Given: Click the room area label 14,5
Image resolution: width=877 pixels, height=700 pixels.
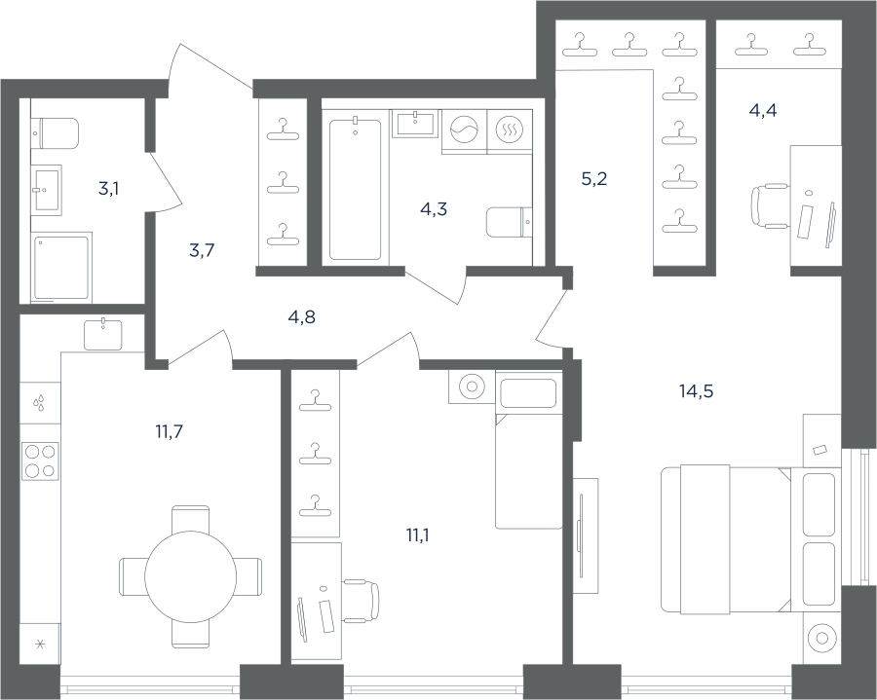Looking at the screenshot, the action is tap(697, 391).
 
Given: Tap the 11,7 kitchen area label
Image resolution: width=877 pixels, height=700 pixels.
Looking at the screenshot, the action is tap(169, 431).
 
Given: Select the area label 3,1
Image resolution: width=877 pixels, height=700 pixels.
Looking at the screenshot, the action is tap(108, 190).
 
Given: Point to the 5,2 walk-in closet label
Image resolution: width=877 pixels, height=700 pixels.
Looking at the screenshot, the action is tap(594, 179).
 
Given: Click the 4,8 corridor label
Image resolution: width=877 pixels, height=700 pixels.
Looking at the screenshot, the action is tap(301, 317).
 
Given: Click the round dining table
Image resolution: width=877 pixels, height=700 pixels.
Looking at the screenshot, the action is tap(191, 576).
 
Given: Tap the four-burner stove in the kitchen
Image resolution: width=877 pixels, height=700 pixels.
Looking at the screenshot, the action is tap(40, 461).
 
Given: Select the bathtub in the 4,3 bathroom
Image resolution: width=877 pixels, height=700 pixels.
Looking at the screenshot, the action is tap(355, 188).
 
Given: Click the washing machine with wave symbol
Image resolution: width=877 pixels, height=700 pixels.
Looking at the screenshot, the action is tap(464, 130).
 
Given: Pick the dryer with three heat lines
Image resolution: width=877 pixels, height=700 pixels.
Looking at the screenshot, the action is tap(510, 130).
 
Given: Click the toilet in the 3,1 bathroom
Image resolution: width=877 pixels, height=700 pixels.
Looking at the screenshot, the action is tap(55, 133).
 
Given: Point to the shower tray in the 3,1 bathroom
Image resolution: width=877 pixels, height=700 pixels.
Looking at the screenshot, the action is tap(61, 268).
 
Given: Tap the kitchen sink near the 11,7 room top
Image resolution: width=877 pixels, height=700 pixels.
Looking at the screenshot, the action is tap(103, 334).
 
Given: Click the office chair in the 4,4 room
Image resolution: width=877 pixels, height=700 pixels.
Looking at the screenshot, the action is tap(769, 205).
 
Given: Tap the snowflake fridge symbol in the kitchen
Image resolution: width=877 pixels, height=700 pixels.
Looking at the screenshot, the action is tap(40, 645).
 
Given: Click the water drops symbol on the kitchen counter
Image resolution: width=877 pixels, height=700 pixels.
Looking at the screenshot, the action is tap(39, 403).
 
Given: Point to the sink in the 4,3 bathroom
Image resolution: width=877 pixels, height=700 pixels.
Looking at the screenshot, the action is tap(414, 124).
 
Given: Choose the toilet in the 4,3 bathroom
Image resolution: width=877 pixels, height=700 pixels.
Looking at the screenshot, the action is tap(510, 222).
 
